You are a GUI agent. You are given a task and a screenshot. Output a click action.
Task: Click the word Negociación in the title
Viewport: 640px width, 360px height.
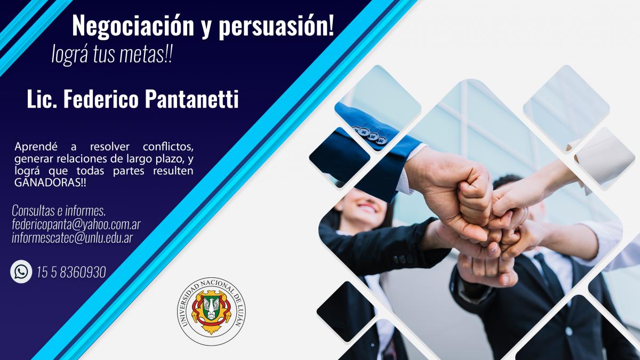point(133,26)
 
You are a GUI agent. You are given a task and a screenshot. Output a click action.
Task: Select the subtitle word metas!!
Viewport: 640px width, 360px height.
point(146,54)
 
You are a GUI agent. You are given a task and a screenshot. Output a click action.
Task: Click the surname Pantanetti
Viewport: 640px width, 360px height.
point(191,99)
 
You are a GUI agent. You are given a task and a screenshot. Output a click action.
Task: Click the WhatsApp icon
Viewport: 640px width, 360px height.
point(21,271)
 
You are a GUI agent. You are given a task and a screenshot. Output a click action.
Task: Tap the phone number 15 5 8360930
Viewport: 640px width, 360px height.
point(71,271)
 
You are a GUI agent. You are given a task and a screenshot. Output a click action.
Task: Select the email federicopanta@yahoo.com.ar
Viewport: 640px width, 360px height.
point(76,225)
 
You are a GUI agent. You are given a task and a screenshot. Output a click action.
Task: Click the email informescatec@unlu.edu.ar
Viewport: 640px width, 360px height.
point(73,238)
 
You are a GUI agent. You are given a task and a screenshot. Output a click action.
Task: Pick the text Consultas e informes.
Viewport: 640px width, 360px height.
point(59,211)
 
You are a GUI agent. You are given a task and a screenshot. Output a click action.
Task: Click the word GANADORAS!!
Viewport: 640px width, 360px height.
point(50,183)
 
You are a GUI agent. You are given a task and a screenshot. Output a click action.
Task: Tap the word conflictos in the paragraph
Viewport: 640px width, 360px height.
point(168,147)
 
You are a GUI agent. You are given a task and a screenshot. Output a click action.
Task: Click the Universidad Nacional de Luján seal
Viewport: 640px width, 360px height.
point(211,311)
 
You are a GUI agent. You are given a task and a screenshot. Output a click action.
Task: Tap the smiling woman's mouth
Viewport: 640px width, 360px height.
point(367,207)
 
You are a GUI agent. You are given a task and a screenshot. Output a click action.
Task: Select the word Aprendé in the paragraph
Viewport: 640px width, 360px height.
point(36,147)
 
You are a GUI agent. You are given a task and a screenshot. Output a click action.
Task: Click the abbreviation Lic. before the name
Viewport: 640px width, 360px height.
point(42,99)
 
